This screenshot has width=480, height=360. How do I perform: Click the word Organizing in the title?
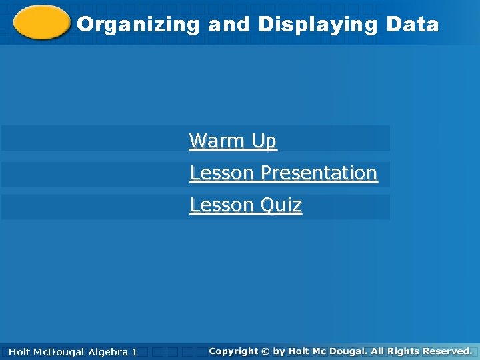click(x=138, y=25)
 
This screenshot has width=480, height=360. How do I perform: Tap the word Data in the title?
click(x=412, y=25)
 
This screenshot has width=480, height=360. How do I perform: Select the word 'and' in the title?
click(x=229, y=25)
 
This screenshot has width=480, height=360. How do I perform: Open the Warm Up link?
click(x=233, y=141)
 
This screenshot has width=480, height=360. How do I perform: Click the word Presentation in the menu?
click(x=319, y=173)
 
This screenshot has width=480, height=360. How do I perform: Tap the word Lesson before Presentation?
click(x=222, y=173)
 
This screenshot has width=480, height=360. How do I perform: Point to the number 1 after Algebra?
click(x=134, y=351)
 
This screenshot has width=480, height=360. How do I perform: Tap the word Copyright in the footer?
click(x=233, y=351)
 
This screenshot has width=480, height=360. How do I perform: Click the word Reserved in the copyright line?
click(x=448, y=351)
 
